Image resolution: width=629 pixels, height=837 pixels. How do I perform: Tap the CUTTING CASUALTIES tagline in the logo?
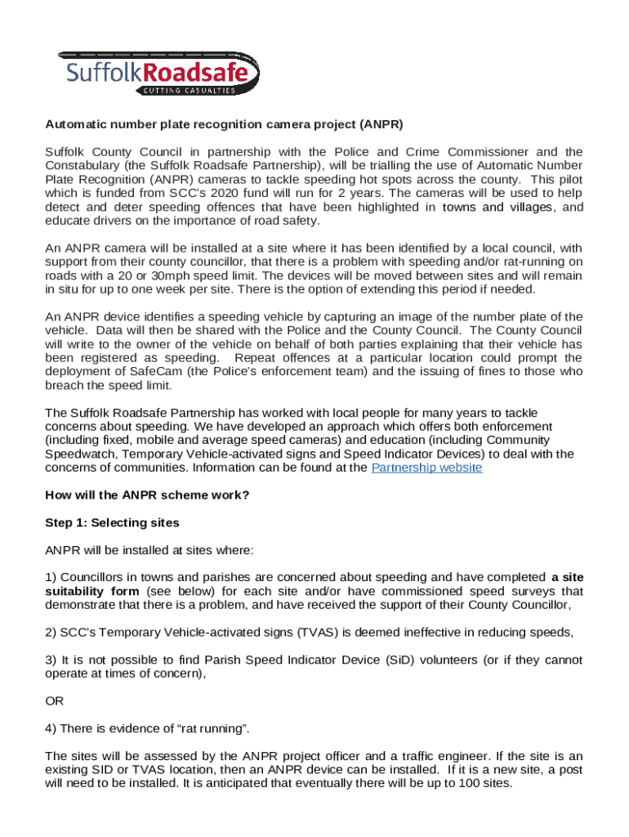point(190,90)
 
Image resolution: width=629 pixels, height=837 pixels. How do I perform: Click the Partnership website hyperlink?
point(426,468)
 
